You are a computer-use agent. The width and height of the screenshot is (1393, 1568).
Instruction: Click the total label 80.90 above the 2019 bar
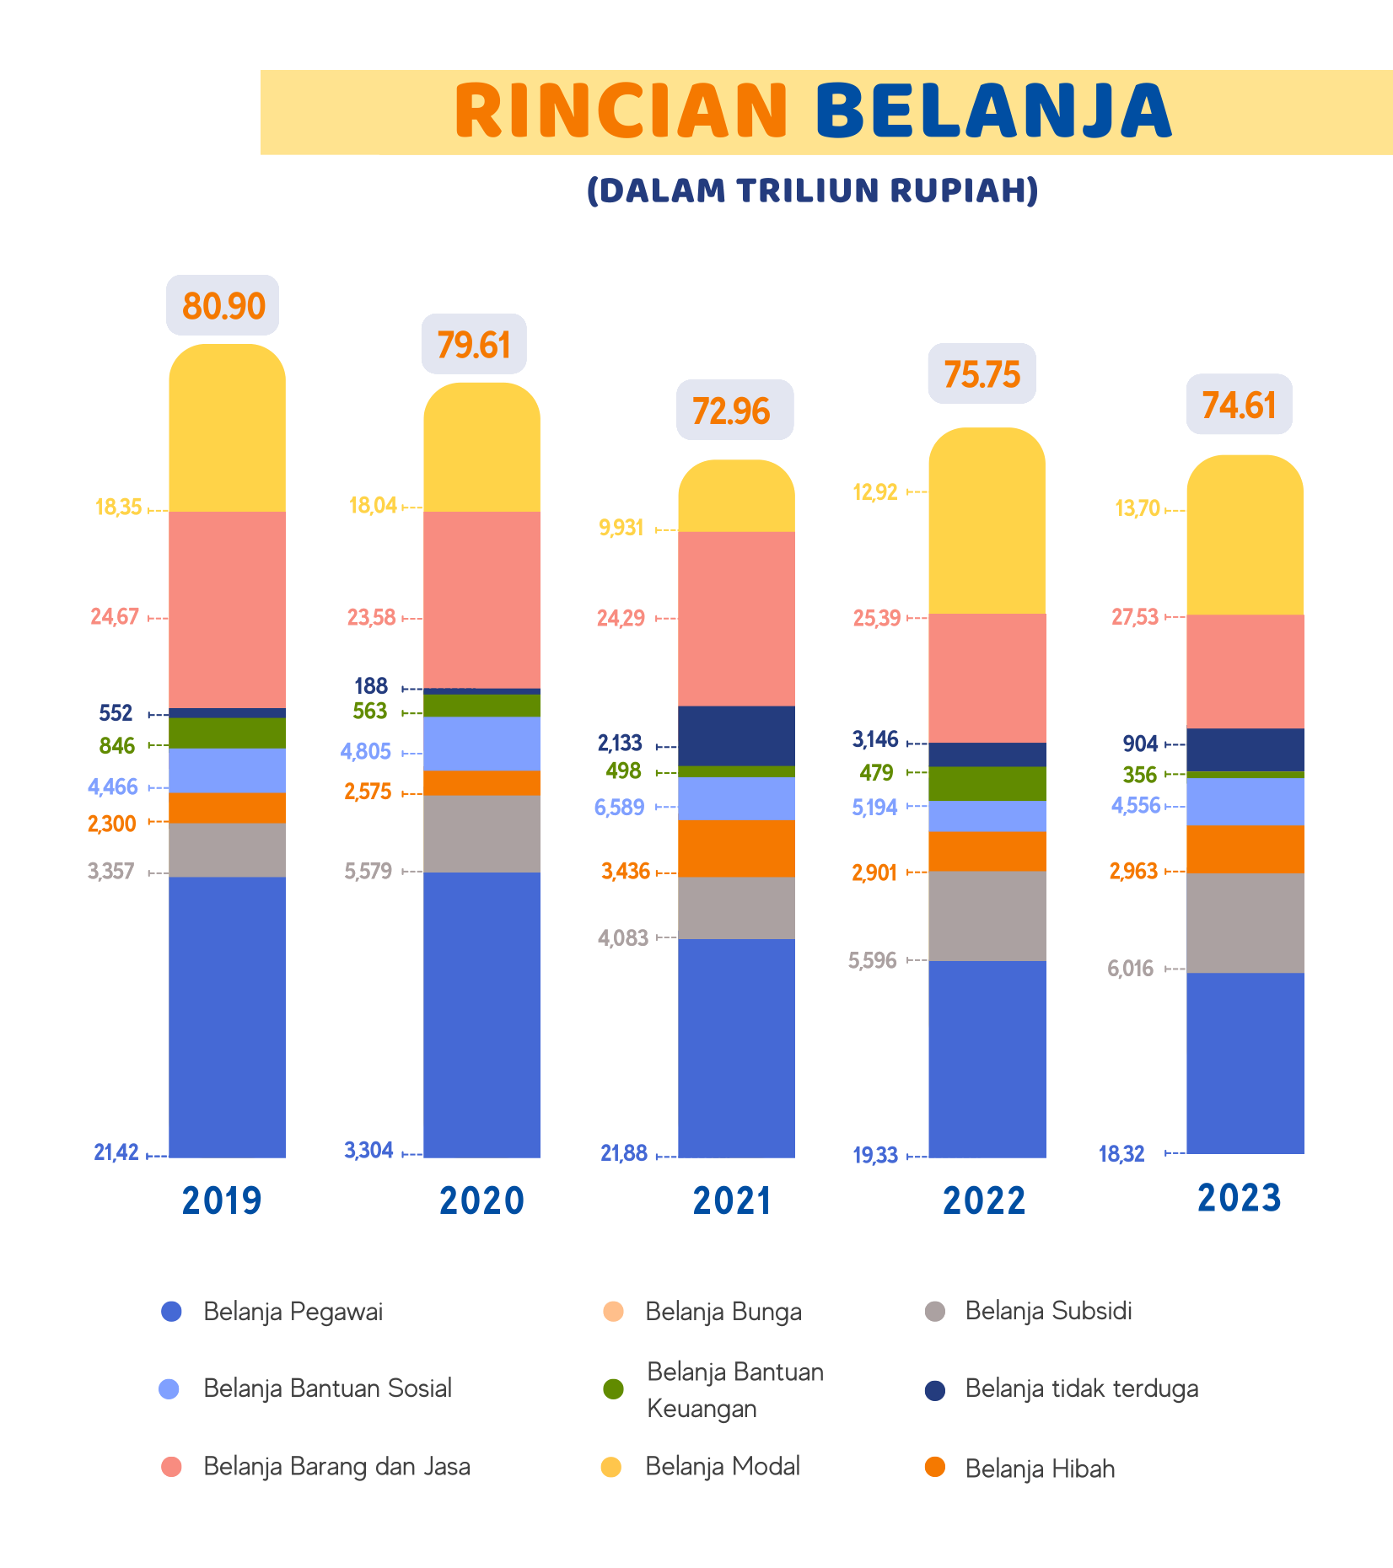(x=223, y=305)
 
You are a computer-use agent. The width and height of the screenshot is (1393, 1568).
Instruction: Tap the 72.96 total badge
(x=732, y=411)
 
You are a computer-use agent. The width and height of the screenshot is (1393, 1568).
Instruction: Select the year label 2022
(x=984, y=1200)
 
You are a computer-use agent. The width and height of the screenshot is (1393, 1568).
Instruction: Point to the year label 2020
(x=481, y=1200)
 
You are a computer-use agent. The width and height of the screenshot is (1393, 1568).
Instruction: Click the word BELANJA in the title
(x=993, y=111)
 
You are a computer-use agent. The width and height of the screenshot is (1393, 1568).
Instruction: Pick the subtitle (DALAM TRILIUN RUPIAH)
(x=812, y=191)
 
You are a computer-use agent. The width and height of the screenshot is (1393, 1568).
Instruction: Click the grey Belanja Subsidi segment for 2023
(x=1245, y=922)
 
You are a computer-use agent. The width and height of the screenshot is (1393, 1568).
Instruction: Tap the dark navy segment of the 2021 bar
(x=736, y=735)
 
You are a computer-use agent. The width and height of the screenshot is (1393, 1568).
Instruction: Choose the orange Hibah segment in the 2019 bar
(x=227, y=808)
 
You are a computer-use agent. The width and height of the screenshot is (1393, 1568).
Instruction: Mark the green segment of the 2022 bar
(x=987, y=783)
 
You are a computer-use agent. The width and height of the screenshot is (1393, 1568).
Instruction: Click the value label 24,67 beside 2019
(x=115, y=617)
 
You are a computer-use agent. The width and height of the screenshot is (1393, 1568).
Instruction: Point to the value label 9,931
(x=621, y=528)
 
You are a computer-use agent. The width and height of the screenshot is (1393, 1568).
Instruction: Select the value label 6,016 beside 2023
(x=1130, y=969)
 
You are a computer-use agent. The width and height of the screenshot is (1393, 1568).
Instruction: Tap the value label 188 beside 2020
(x=371, y=686)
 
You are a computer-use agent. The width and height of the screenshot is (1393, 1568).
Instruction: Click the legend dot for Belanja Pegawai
(x=171, y=1311)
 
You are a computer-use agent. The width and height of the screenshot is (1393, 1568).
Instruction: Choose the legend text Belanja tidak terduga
(x=1082, y=1388)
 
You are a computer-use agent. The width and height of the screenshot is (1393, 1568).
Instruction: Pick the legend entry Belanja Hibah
(x=1040, y=1469)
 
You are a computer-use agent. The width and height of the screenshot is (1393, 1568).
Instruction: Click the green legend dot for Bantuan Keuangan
(x=614, y=1388)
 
